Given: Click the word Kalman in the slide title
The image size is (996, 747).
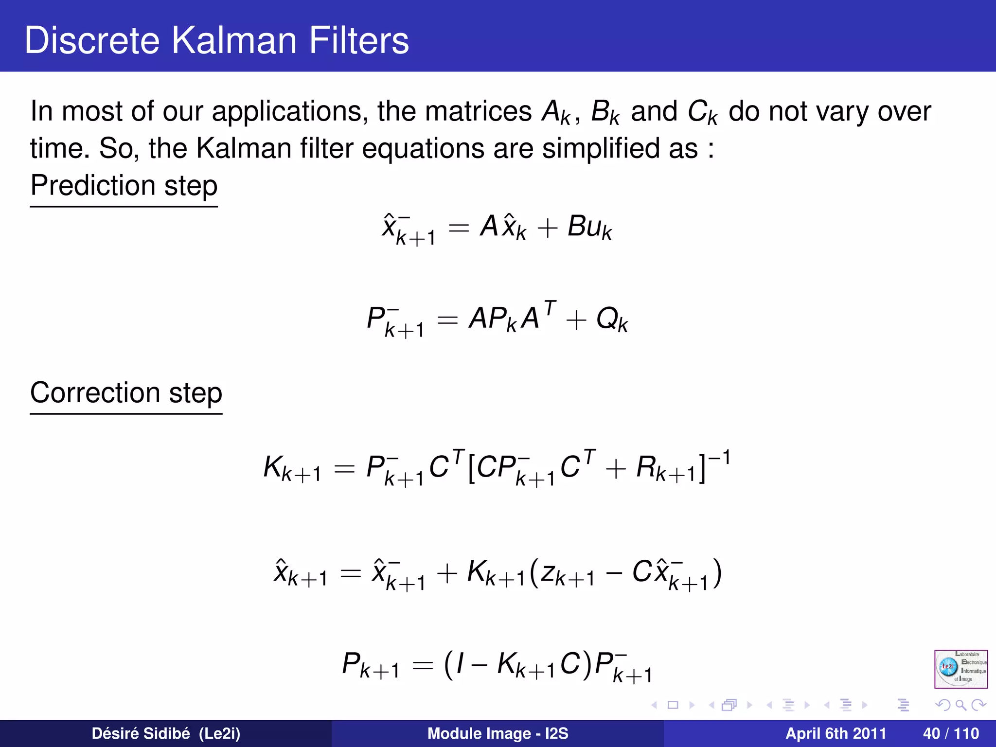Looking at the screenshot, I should [233, 40].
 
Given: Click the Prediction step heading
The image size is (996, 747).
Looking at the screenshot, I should [124, 185].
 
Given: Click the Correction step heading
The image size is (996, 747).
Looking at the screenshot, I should [126, 392].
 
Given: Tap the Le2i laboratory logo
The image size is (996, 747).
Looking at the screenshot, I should [960, 669].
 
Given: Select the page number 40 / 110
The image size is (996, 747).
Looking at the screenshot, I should [950, 733].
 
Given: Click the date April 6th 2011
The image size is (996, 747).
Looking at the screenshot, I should [836, 733].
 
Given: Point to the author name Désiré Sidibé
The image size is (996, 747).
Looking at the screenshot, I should [141, 733].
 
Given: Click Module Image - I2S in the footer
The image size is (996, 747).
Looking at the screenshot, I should [498, 733].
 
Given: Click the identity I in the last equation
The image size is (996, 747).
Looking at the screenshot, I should [460, 664].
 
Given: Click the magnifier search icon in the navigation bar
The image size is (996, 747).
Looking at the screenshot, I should [960, 705].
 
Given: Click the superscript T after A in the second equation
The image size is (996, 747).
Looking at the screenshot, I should [550, 308].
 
